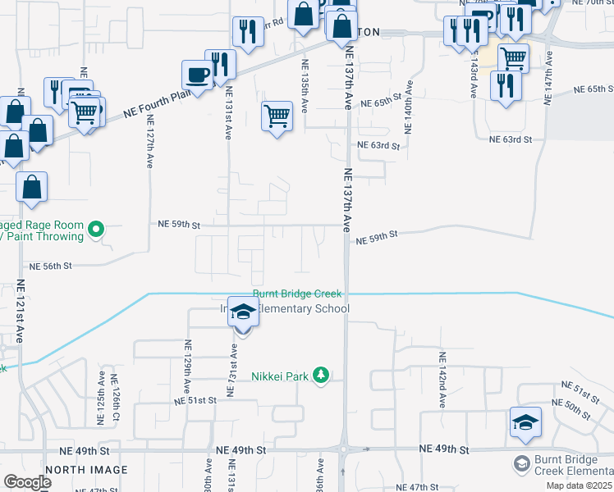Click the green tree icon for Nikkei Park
click(x=322, y=376)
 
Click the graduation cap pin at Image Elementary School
click(x=243, y=312)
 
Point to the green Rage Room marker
click(x=96, y=230)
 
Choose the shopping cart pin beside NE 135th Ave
click(x=277, y=116)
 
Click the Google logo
click(x=28, y=482)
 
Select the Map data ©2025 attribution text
click(x=580, y=486)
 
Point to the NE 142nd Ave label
click(x=442, y=380)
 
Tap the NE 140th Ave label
click(x=408, y=107)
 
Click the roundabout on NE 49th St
click(x=343, y=449)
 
